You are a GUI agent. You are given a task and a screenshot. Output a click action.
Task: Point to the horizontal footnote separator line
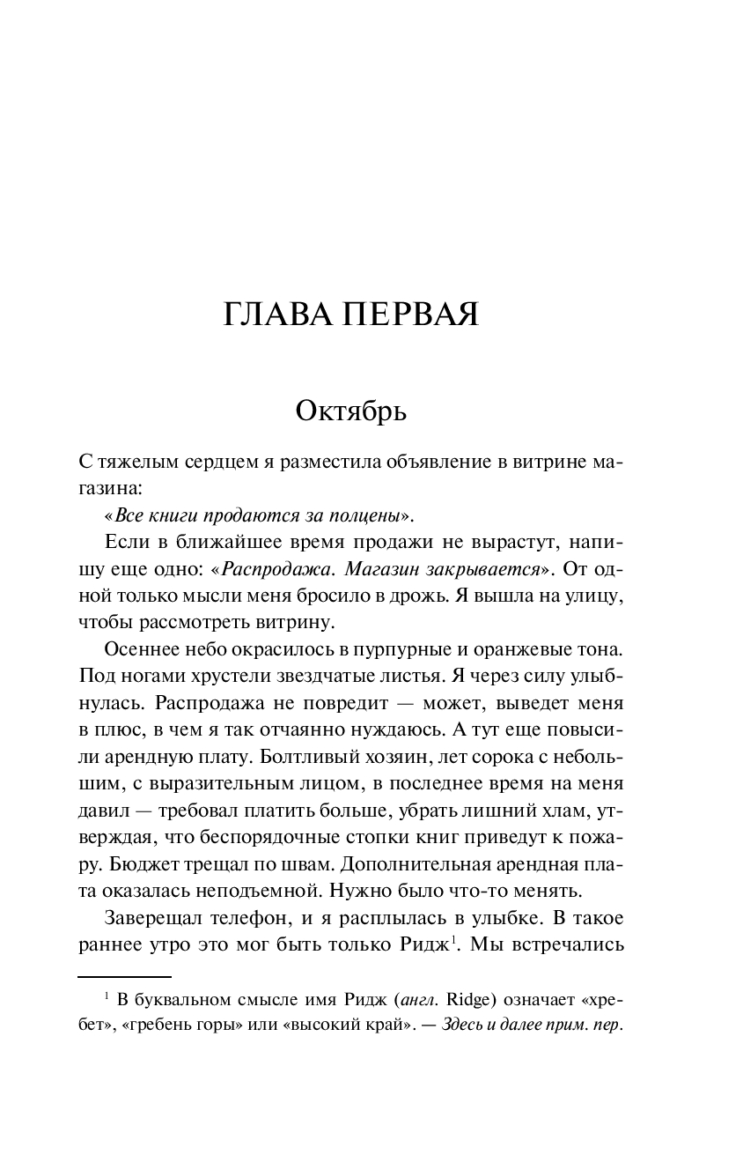coord(124,976)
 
